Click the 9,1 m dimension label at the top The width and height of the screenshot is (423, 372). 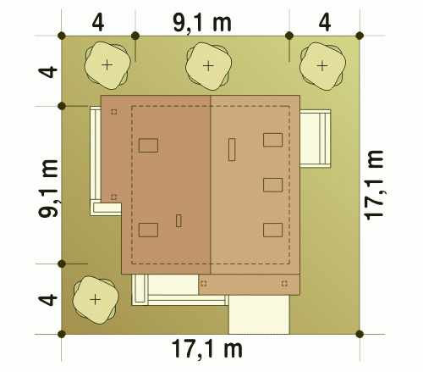tap(202, 23)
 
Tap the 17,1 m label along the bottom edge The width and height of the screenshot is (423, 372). tap(207, 349)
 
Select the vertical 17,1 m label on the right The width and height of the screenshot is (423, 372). tap(374, 185)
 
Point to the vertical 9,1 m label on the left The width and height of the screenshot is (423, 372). tap(48, 188)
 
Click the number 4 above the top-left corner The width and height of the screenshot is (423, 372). tap(98, 23)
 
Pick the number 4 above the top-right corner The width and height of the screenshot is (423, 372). tap(325, 23)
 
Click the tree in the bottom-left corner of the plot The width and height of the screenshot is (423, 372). tap(96, 300)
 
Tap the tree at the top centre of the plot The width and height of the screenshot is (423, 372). tap(208, 66)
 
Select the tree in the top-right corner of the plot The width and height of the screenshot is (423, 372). tap(322, 66)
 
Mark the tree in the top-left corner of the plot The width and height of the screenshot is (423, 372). tap(107, 65)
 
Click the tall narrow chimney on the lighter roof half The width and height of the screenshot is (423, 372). tap(232, 149)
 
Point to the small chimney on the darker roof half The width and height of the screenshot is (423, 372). tap(179, 220)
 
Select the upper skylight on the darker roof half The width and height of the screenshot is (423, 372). tap(148, 146)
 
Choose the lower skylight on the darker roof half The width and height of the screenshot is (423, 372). tap(148, 230)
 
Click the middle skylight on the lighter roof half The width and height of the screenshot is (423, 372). tap(273, 185)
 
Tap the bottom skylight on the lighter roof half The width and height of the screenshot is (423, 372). tap(273, 230)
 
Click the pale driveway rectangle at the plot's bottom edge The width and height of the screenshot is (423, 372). tap(259, 314)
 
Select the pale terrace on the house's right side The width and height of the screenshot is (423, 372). tap(315, 138)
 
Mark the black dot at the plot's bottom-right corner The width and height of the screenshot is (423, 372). tap(360, 334)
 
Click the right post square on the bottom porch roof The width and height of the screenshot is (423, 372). tap(284, 283)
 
